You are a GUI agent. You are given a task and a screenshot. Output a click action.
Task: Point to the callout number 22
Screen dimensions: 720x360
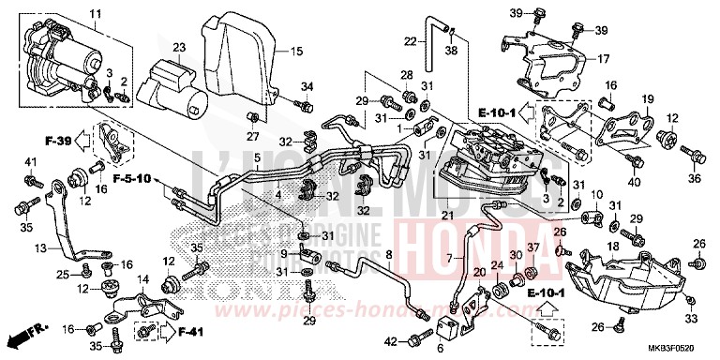tap(410, 40)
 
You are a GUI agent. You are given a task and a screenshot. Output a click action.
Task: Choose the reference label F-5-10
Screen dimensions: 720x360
tap(133, 177)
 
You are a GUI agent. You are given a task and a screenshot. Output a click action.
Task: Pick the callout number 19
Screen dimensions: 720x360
tap(647, 99)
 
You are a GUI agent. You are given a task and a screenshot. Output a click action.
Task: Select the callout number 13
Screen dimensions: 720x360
tap(40, 247)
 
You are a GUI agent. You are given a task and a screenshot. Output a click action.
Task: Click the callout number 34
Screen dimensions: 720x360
tap(306, 88)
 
